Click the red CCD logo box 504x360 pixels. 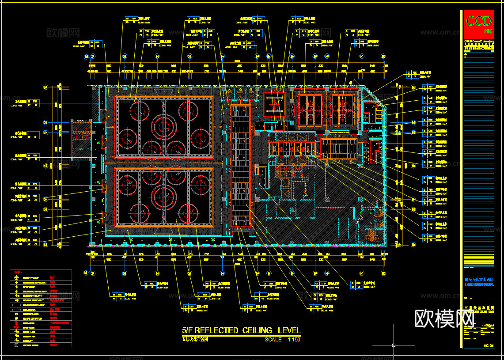point(479,23)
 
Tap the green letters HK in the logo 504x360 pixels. point(488,31)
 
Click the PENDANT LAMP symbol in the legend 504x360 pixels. point(16,277)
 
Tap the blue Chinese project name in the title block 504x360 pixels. point(479,279)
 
